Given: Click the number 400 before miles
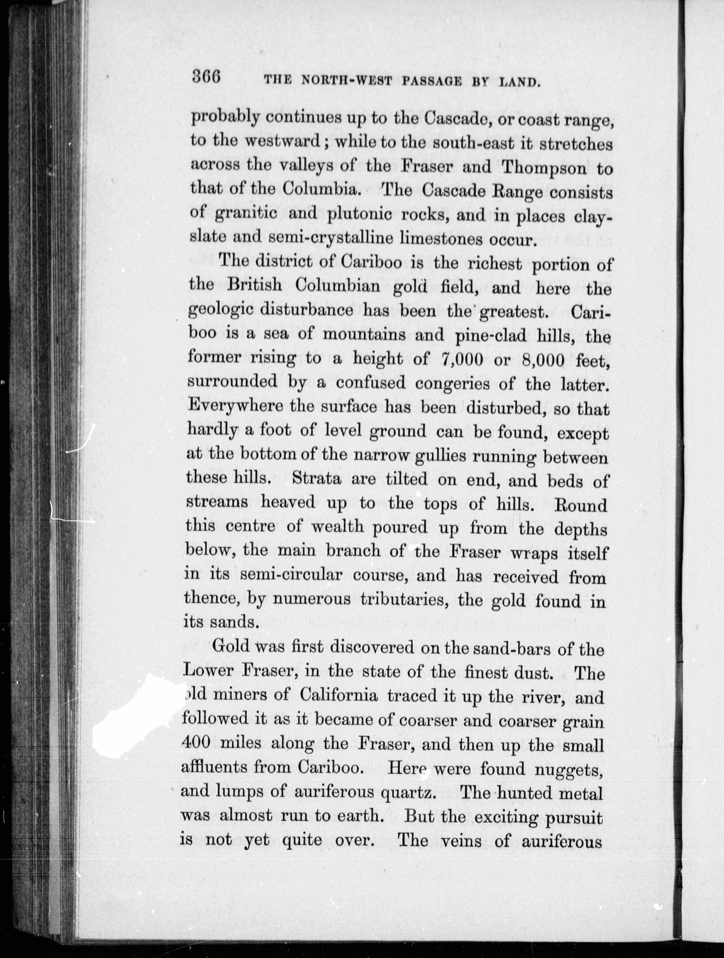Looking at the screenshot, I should click(x=196, y=742).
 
